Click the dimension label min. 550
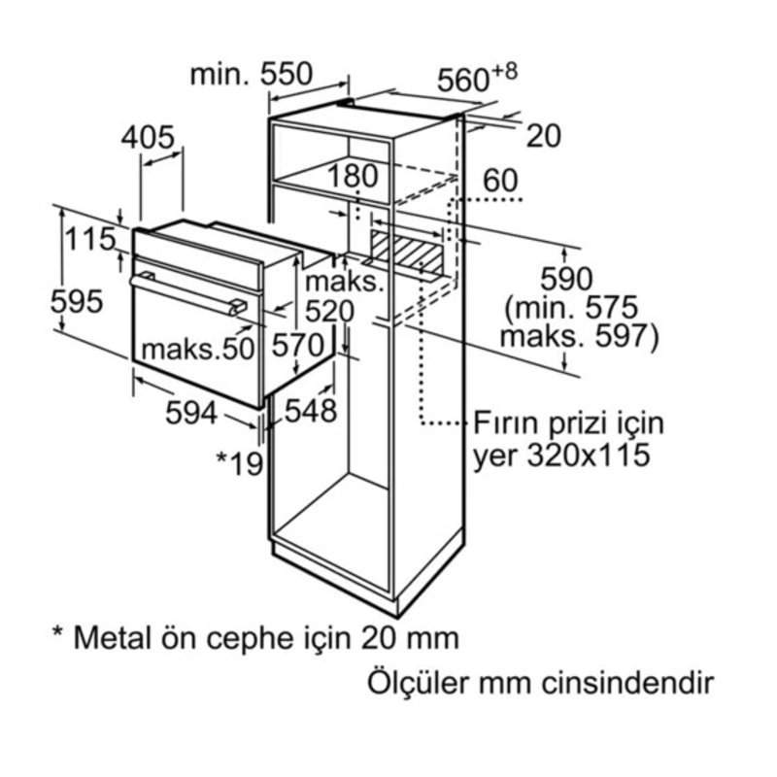tap(252, 75)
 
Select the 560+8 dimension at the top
tap(477, 79)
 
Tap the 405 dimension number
tap(148, 137)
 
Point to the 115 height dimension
tap(89, 239)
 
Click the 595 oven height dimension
tap(77, 301)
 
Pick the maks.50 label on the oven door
tap(198, 349)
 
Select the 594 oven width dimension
tap(191, 412)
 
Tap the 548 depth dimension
tap(311, 410)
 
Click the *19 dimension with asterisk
tap(240, 464)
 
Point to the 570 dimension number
tap(298, 345)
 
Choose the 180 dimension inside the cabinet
tap(353, 176)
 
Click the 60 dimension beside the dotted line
tap(500, 181)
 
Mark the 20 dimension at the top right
tap(543, 136)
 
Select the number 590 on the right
tap(566, 279)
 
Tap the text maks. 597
tap(580, 336)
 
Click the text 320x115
tap(588, 455)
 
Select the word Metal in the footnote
tap(112, 638)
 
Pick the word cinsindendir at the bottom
tap(626, 684)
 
